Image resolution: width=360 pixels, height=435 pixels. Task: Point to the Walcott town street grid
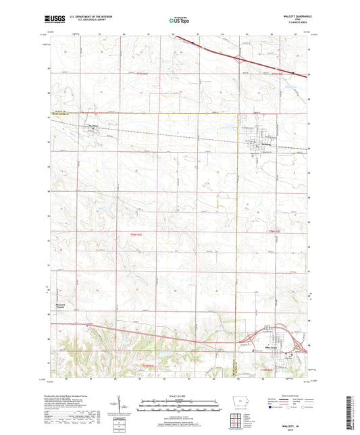pos(260,145)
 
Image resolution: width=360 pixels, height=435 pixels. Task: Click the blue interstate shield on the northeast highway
pos(293,74)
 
